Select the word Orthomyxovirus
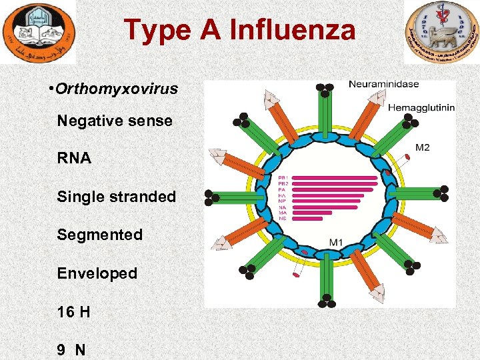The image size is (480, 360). [x=117, y=89]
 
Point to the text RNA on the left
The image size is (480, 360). [x=74, y=159]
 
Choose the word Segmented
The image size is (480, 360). [x=100, y=235]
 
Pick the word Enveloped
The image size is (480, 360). [x=97, y=273]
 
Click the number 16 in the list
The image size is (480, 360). [x=65, y=311]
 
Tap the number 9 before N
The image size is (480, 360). [x=61, y=349]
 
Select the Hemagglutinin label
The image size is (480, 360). [x=422, y=107]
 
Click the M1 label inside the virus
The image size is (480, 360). [x=337, y=241]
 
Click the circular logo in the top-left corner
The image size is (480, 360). [x=39, y=32]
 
